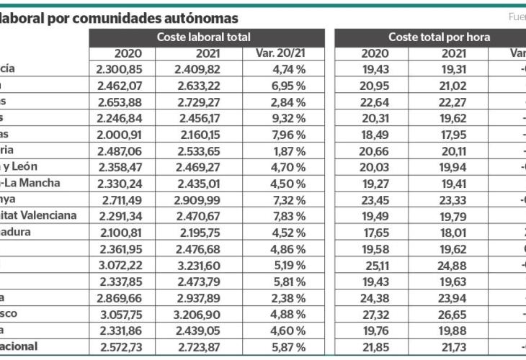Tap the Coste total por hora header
coord(439,37)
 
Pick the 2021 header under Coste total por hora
coord(453,53)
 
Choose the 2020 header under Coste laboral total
coord(128,53)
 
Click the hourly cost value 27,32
coord(374,315)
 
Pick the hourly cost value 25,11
coord(374,265)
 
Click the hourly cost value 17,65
coord(374,233)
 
